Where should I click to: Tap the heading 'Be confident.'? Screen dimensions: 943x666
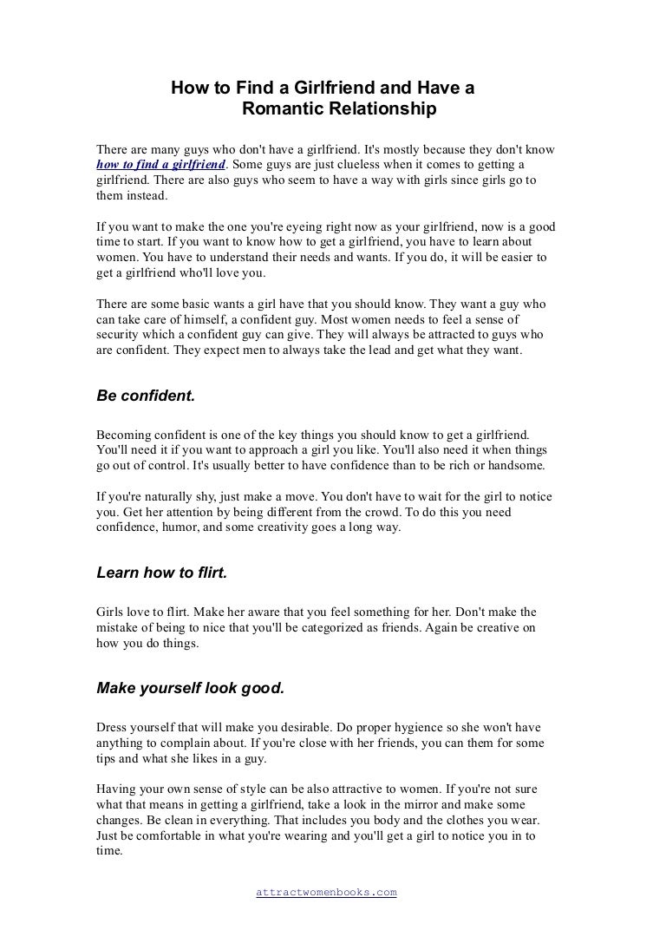click(146, 396)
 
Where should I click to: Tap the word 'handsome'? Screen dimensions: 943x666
click(517, 465)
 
